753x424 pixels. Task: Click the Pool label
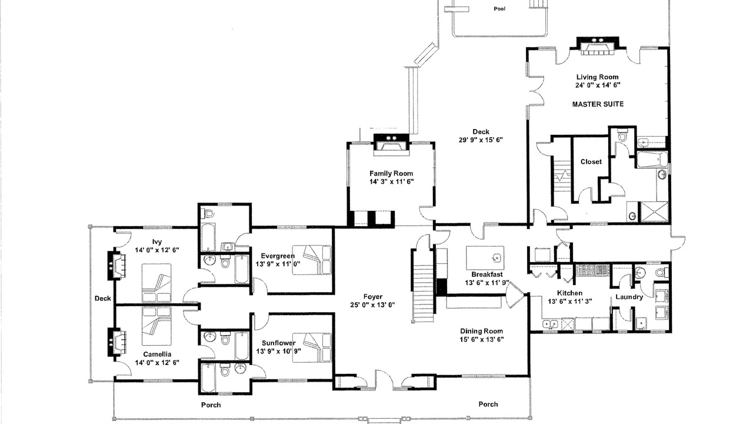point(499,9)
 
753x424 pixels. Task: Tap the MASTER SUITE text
point(598,104)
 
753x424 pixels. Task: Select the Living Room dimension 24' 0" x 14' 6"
point(598,85)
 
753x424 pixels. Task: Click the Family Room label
point(391,174)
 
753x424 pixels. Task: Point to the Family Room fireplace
point(391,145)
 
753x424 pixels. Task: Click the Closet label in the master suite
point(591,162)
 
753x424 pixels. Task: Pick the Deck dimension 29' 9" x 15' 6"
point(481,140)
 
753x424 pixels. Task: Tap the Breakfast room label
point(487,274)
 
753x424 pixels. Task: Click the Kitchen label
point(570,293)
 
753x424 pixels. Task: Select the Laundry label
point(629,297)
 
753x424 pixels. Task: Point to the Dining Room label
point(481,331)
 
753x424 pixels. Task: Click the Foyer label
point(373,297)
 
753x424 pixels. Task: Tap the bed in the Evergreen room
point(312,260)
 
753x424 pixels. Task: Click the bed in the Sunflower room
point(312,347)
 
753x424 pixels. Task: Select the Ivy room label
point(157,242)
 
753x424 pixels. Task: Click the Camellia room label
point(157,355)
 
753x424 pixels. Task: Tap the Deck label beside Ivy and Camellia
point(102,299)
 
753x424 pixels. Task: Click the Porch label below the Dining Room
point(488,404)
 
